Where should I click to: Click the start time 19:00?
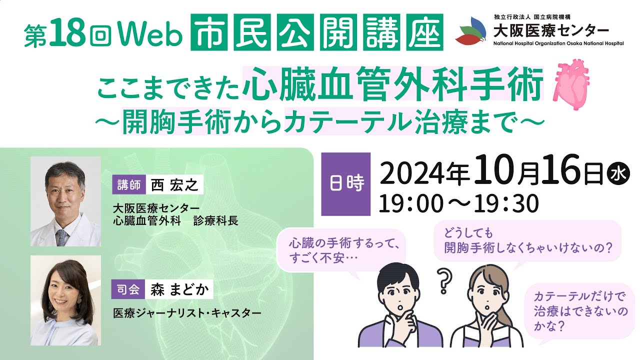pos(411,203)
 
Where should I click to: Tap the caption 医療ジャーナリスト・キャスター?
pos(188,314)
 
